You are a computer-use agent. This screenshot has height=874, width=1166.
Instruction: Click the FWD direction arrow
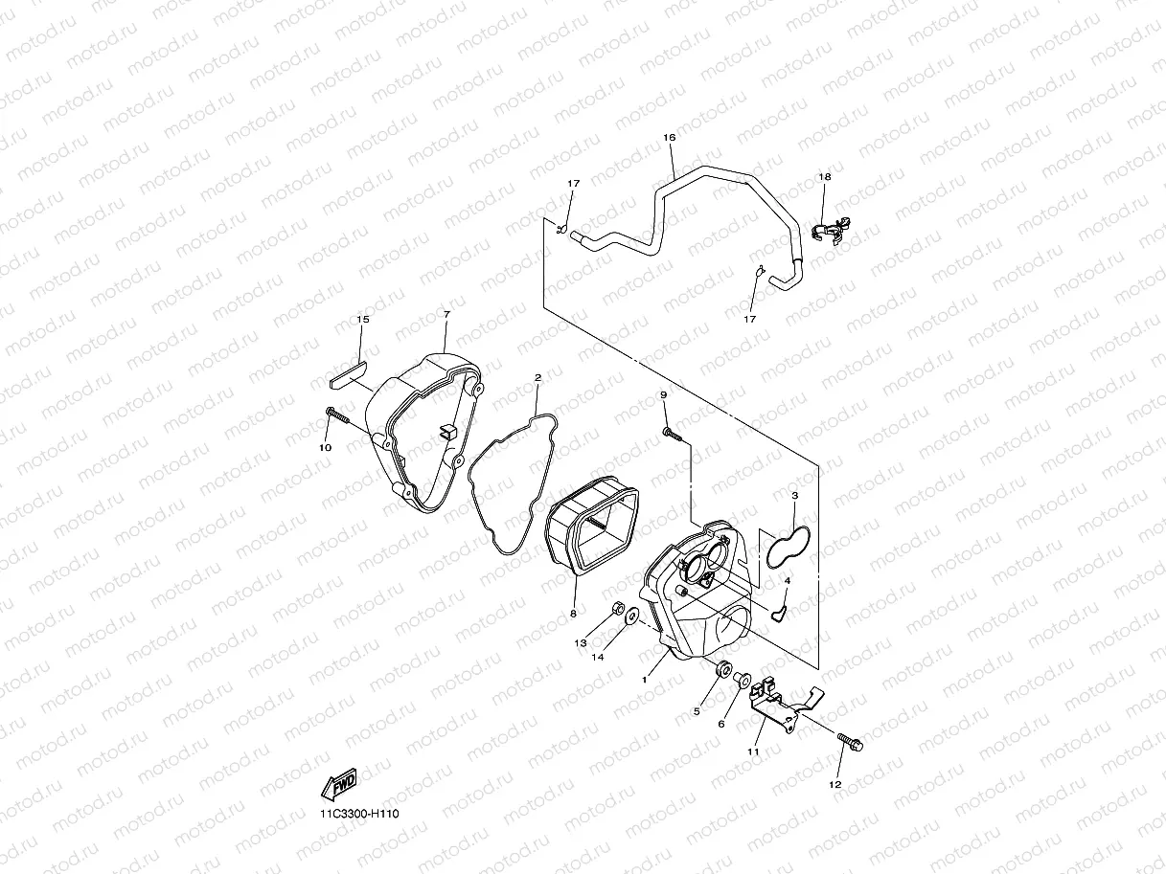pyautogui.click(x=339, y=784)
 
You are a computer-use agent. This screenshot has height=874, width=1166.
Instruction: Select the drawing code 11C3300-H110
pyautogui.click(x=359, y=814)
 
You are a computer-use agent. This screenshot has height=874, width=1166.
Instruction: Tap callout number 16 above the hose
pyautogui.click(x=669, y=138)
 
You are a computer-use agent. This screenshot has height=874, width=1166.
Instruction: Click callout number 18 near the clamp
pyautogui.click(x=824, y=177)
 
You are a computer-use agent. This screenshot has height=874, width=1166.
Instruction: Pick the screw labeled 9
pyautogui.click(x=671, y=434)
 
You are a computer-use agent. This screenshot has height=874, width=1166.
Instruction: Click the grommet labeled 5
pyautogui.click(x=721, y=668)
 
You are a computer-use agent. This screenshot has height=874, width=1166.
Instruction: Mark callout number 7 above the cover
pyautogui.click(x=446, y=314)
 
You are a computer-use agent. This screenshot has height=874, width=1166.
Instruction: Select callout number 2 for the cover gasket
pyautogui.click(x=537, y=377)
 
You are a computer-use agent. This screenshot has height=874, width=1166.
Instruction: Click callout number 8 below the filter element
pyautogui.click(x=573, y=613)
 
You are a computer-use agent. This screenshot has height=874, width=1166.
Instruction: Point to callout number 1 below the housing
pyautogui.click(x=645, y=679)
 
